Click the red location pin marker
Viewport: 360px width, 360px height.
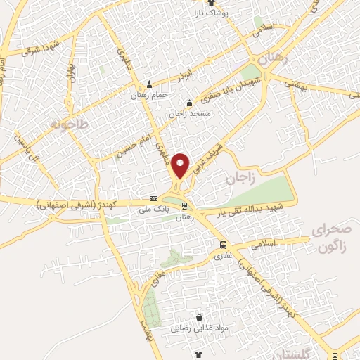[x=181, y=165]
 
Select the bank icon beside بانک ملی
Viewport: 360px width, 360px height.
[x=154, y=199]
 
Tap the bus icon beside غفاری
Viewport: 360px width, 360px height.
[x=222, y=245]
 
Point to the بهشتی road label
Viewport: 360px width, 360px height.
[x=297, y=84]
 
